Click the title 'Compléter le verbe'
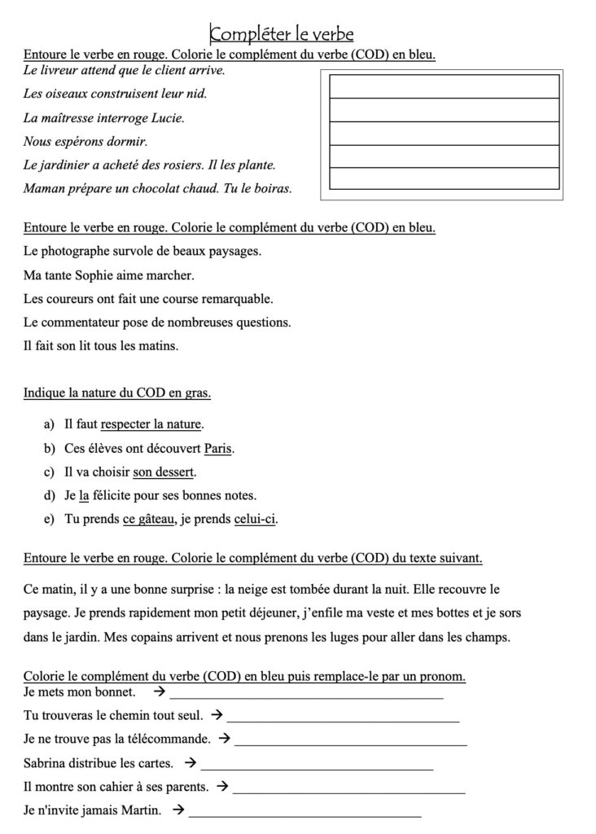click(281, 34)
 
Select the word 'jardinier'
click(70, 165)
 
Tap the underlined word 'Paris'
click(219, 448)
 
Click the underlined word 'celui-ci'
click(255, 519)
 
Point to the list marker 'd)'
click(48, 495)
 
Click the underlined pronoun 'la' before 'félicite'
click(83, 495)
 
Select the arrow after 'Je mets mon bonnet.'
click(160, 692)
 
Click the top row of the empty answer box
click(444, 86)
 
